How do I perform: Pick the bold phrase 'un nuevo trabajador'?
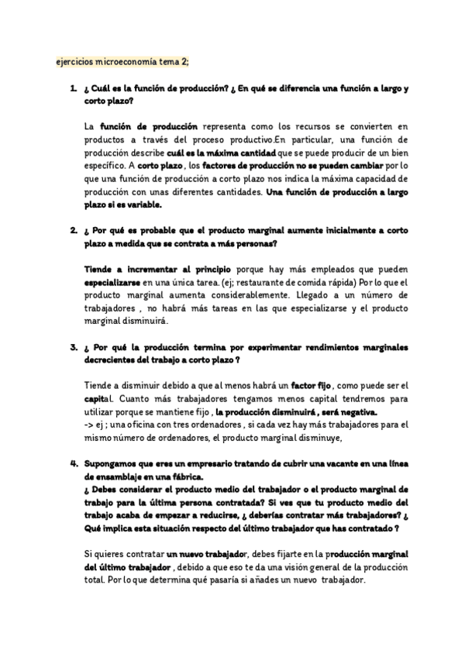click(x=205, y=554)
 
